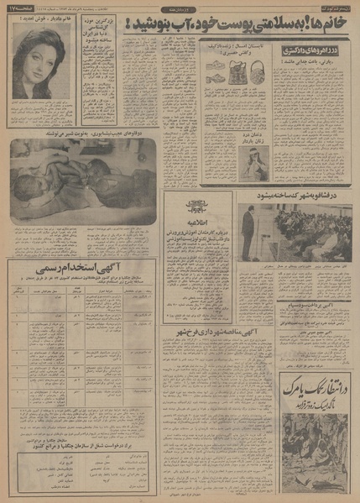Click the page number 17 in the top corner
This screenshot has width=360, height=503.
16,8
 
